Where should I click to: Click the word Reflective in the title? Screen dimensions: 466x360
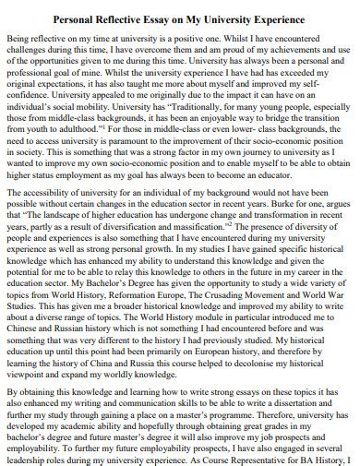point(120,18)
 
